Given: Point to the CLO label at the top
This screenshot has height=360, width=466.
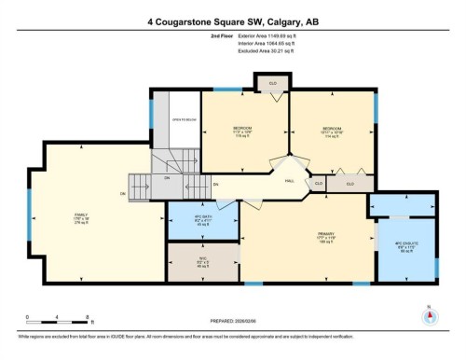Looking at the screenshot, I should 273,83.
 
